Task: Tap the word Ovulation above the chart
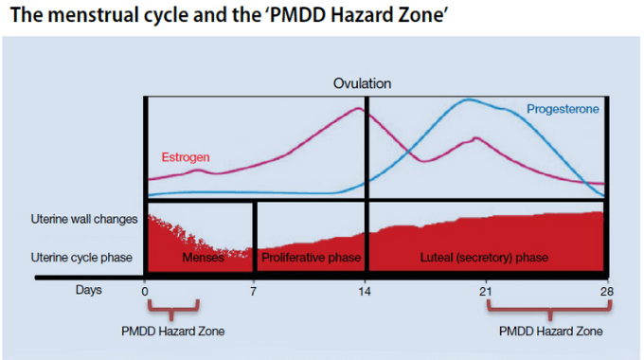pos(362,83)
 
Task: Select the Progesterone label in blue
pos(563,110)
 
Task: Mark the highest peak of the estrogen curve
pos(357,108)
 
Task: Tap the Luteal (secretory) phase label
pos(484,257)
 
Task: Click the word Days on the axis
pos(89,290)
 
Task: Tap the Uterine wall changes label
pos(83,219)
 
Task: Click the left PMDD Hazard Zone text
pos(172,331)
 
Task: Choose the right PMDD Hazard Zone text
pos(550,331)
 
